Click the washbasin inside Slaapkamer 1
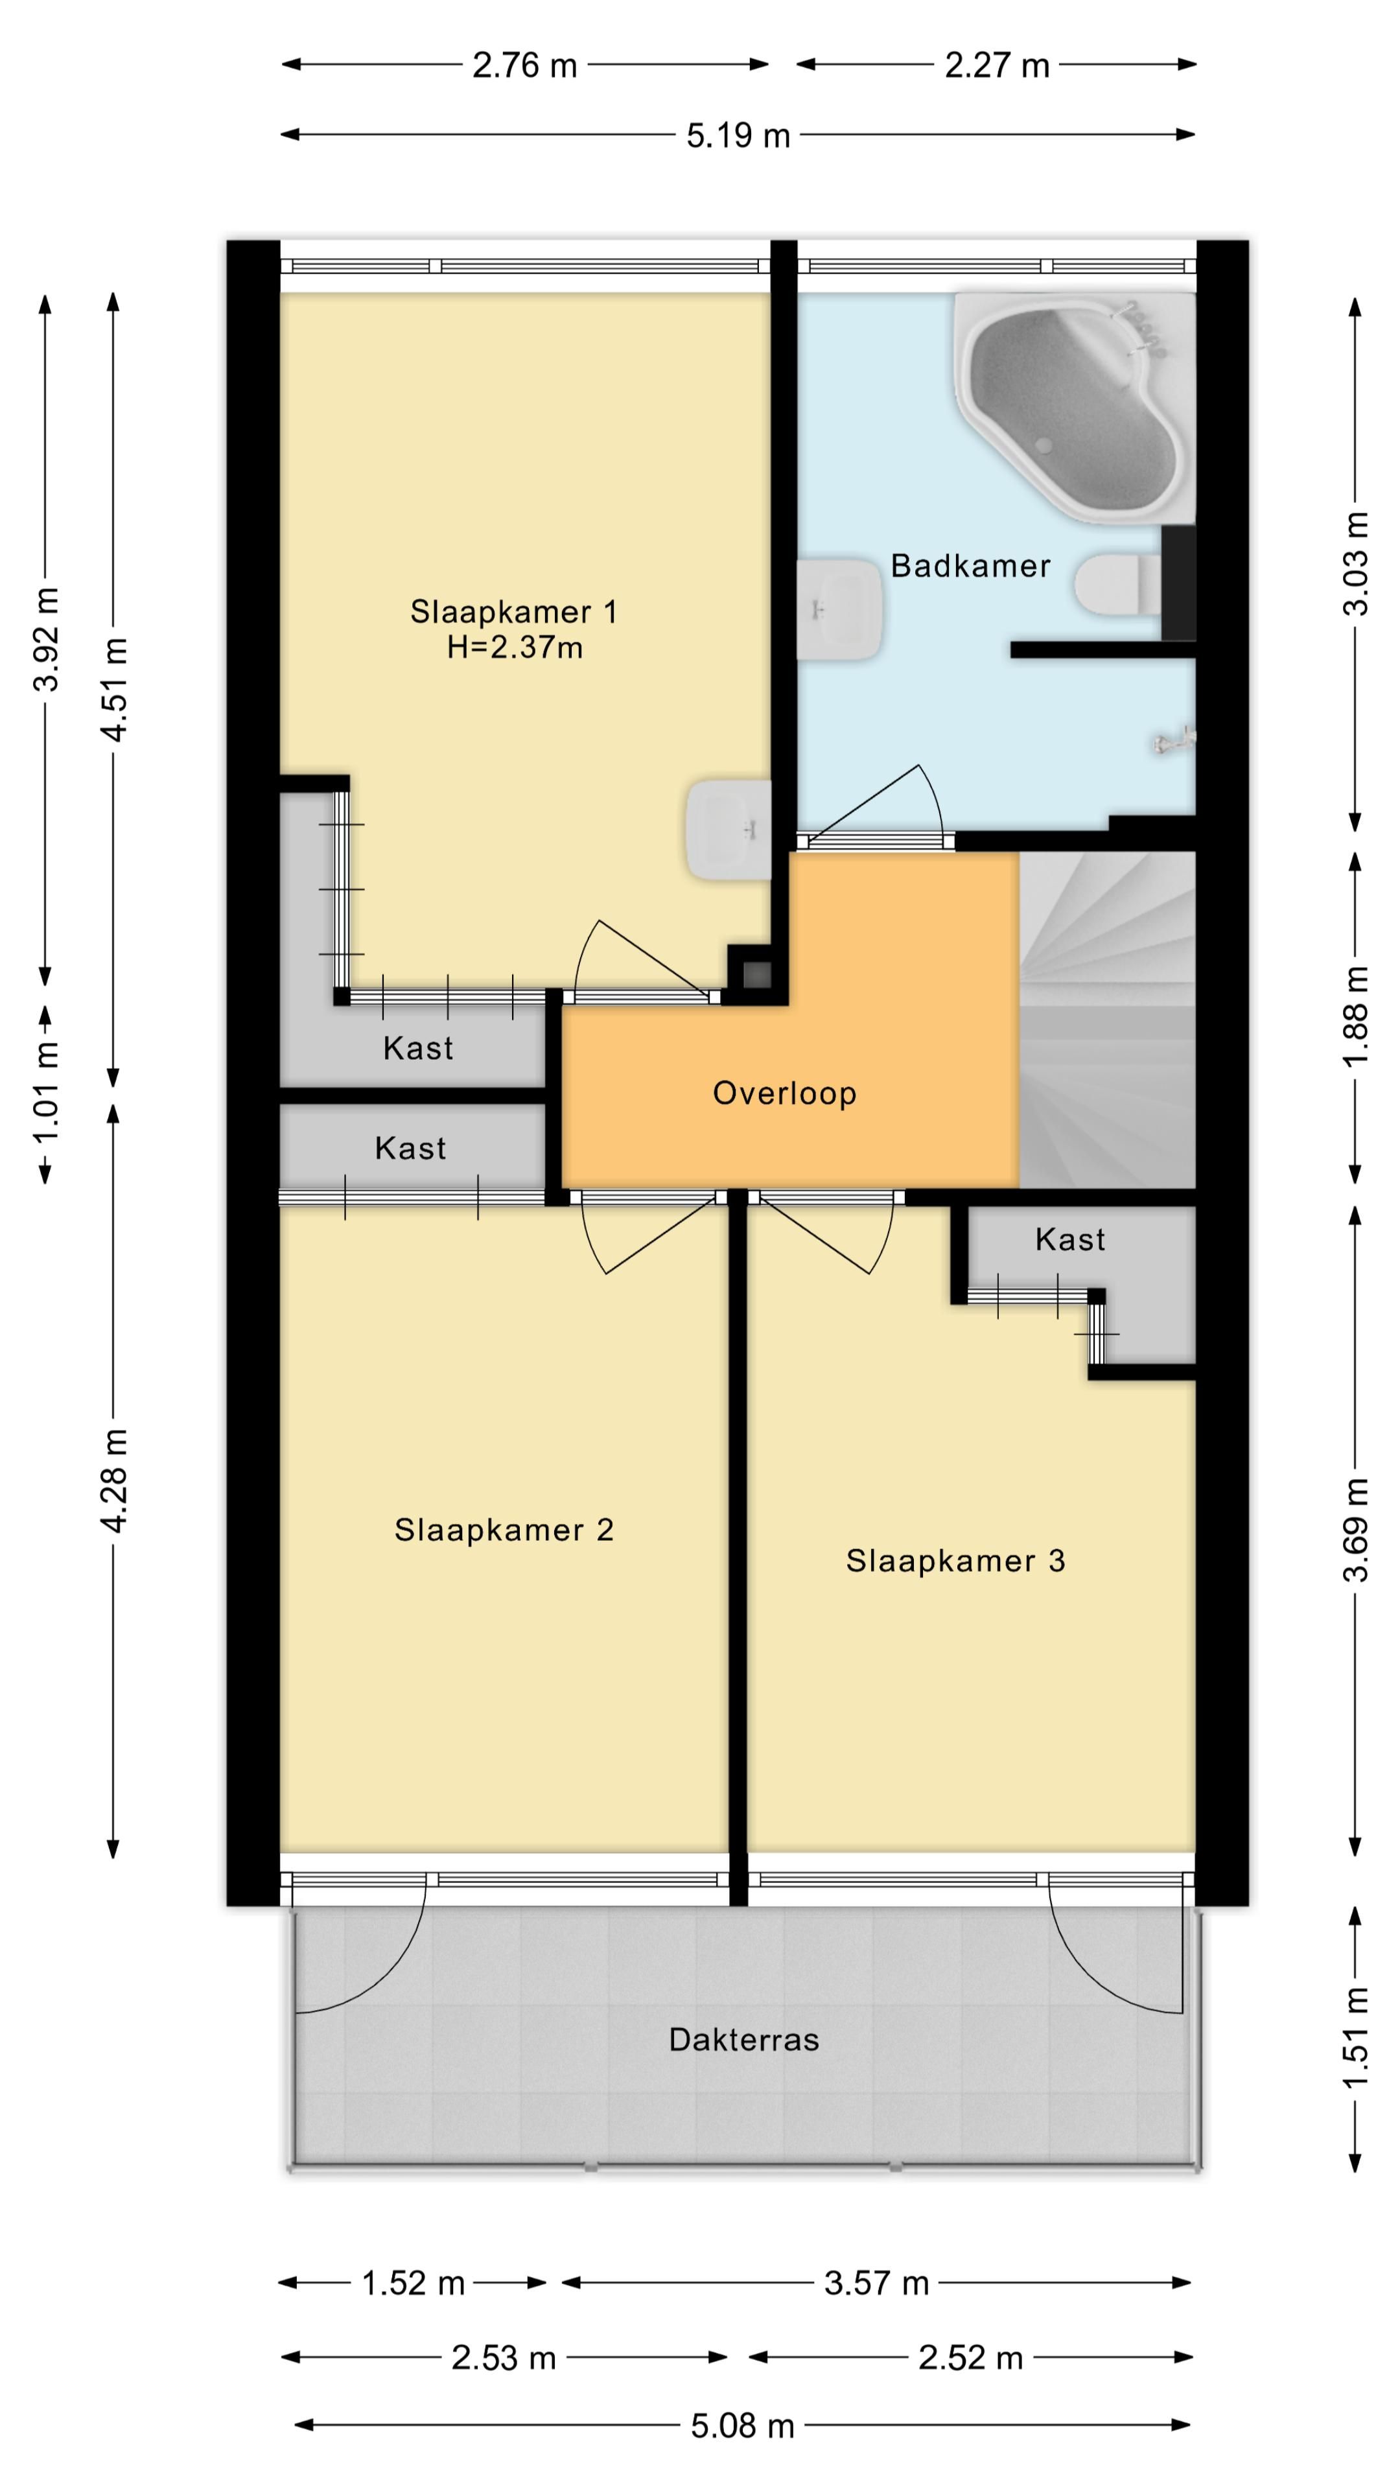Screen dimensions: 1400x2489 click(x=729, y=830)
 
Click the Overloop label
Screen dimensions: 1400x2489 click(x=784, y=1093)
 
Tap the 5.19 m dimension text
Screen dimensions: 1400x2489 click(x=738, y=135)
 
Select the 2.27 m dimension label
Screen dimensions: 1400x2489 click(x=997, y=65)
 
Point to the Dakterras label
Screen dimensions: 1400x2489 click(x=744, y=2040)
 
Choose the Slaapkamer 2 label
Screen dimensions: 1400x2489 click(x=504, y=1530)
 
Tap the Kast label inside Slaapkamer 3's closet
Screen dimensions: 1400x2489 click(x=1069, y=1240)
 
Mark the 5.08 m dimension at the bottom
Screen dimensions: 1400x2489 click(x=742, y=2425)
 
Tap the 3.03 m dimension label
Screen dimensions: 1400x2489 click(x=1355, y=565)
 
